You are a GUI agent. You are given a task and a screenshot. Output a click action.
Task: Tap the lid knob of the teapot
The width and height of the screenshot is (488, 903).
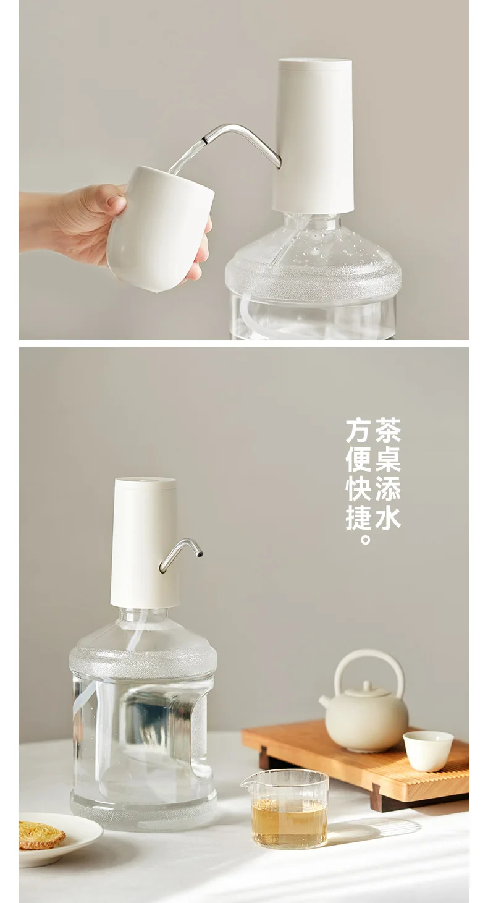pyautogui.click(x=367, y=685)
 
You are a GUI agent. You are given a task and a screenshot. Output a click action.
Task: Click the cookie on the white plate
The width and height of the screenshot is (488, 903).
pyautogui.click(x=41, y=834)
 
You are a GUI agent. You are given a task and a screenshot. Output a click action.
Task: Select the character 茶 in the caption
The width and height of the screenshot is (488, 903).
pyautogui.click(x=388, y=431)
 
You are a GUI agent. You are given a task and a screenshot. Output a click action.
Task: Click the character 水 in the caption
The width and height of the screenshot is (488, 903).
pyautogui.click(x=388, y=518)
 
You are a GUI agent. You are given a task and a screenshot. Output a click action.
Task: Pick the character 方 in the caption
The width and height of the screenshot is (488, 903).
pyautogui.click(x=358, y=431)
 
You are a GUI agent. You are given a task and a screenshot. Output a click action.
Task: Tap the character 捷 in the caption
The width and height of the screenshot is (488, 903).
pyautogui.click(x=358, y=518)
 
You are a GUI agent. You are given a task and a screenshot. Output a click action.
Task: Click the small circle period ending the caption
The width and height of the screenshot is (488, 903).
pyautogui.click(x=364, y=538)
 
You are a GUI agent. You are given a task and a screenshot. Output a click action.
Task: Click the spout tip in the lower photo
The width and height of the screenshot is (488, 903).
pyautogui.click(x=199, y=555)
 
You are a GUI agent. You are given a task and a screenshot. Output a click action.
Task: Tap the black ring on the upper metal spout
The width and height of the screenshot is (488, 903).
pyautogui.click(x=206, y=140)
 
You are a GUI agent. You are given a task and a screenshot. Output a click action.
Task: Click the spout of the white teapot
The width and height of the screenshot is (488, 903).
pyautogui.click(x=325, y=702)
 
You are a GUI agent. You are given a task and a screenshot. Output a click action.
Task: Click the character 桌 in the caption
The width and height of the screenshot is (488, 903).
pyautogui.click(x=388, y=460)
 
